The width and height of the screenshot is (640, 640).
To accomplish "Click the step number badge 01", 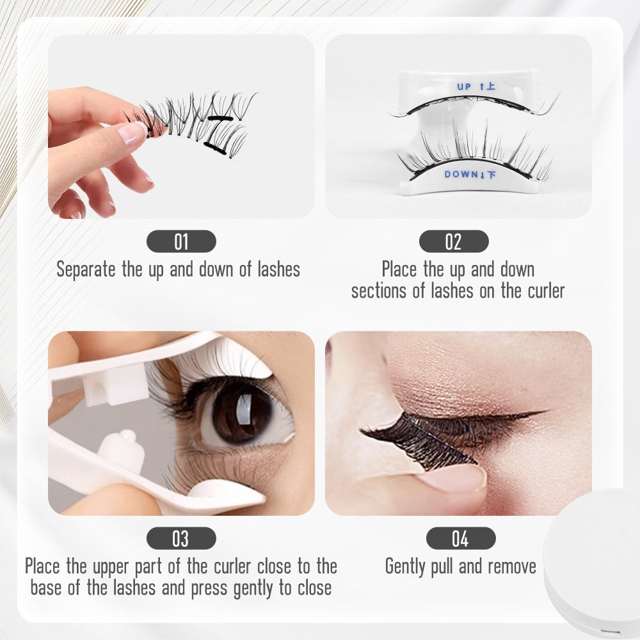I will coord(181,241).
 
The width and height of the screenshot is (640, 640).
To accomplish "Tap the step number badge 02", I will coord(453,241).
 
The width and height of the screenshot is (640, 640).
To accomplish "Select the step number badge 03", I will coord(180,538).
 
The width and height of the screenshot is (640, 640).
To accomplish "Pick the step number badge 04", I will coord(460,538).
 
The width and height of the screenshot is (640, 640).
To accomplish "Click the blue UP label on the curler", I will coord(464,86).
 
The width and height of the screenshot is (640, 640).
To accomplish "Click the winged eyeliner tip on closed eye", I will coord(541,412).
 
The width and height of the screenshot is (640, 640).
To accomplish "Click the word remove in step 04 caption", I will coord(512,566).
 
